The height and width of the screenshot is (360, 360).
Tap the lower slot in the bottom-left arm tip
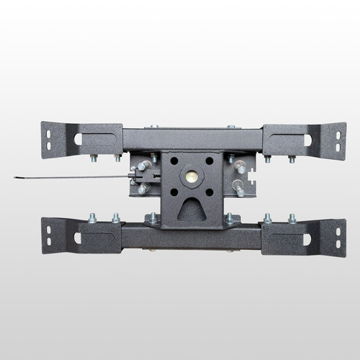(x=48, y=243)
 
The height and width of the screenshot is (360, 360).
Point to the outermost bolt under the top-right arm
(x=291, y=158)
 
